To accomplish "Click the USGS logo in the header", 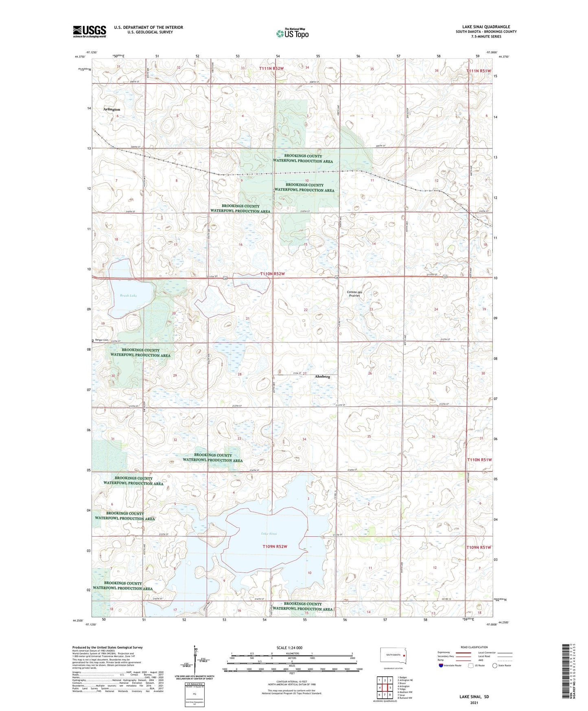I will (x=89, y=31).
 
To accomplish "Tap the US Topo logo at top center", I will (x=292, y=33).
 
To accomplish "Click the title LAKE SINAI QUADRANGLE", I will (x=486, y=27).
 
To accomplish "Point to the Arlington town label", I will (x=111, y=110).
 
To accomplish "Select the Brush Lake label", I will (x=128, y=296).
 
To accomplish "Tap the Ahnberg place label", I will (x=322, y=377).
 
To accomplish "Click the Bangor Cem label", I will (x=101, y=340).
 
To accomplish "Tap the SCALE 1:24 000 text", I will (x=289, y=647).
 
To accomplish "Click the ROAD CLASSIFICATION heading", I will (x=474, y=647).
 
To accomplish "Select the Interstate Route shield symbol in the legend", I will (x=442, y=665).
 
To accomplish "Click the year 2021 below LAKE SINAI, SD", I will (x=474, y=702).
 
